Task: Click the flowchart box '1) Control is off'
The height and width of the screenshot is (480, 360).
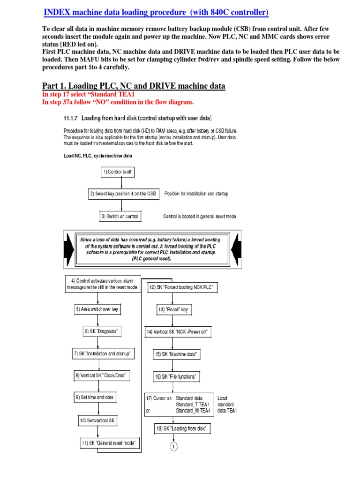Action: point(117,172)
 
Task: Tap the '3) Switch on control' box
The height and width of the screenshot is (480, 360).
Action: point(121,216)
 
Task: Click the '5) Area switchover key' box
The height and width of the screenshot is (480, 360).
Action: point(97,309)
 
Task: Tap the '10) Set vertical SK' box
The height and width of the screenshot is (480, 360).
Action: point(97,420)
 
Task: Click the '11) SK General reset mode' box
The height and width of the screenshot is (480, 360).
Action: point(111,443)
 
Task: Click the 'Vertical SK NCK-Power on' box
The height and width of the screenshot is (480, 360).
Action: point(177,332)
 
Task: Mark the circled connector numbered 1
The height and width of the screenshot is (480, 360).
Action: point(174,447)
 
